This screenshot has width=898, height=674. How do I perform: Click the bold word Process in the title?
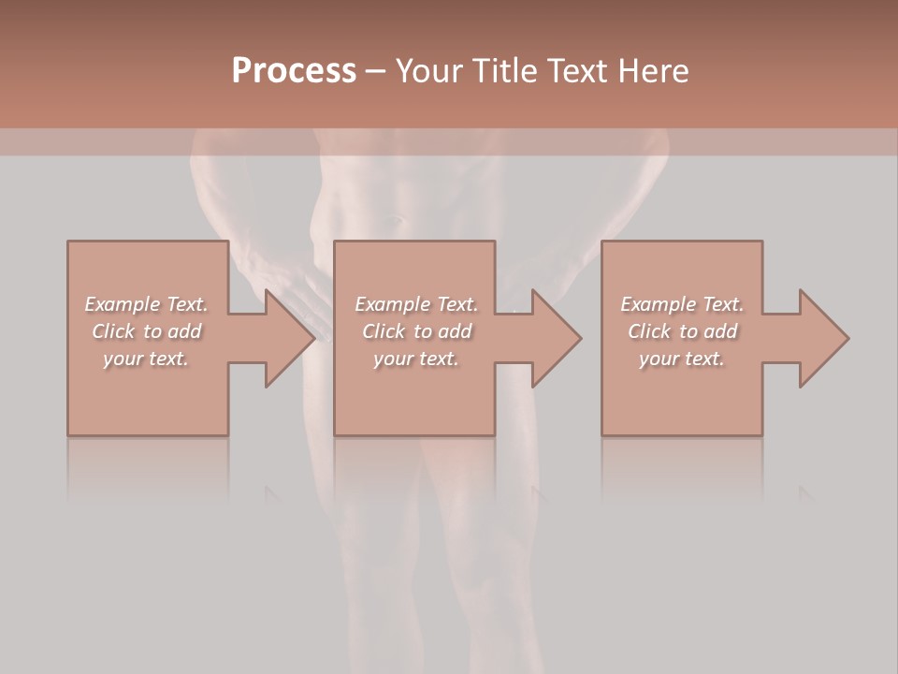(294, 71)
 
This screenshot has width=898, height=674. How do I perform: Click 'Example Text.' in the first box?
(146, 304)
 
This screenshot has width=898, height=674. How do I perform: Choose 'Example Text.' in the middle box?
(416, 304)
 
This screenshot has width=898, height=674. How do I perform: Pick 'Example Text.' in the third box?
(682, 304)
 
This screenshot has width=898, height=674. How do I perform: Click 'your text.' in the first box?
(146, 359)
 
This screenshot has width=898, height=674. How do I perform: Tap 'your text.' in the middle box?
(416, 359)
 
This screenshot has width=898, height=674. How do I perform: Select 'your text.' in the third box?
(682, 359)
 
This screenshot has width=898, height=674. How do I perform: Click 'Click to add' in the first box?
(146, 331)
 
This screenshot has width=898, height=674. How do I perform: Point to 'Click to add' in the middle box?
(416, 331)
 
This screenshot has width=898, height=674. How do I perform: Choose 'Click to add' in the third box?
(682, 331)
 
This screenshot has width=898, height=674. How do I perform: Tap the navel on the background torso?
(398, 221)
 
